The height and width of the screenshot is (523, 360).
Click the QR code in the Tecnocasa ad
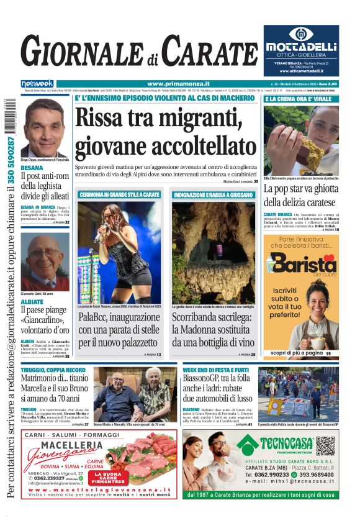325,445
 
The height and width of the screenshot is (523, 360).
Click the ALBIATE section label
32,301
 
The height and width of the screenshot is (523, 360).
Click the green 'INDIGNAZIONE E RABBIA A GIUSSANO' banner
214,195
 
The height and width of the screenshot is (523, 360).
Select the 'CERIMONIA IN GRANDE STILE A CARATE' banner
120,195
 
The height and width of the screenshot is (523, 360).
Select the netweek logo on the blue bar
37,84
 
